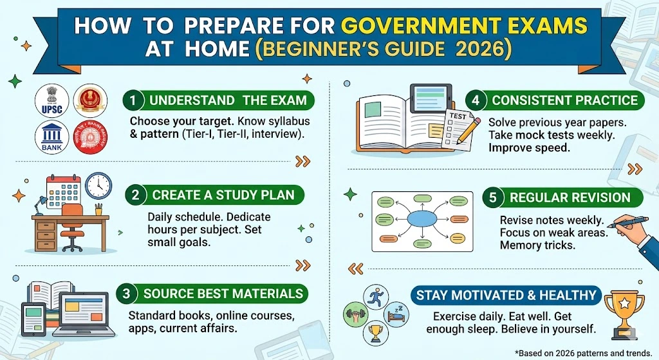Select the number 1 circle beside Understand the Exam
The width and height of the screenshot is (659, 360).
(133, 100)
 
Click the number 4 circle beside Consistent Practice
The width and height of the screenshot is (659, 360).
(476, 100)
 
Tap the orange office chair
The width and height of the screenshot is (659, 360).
(72, 222)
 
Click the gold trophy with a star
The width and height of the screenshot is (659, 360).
(624, 312)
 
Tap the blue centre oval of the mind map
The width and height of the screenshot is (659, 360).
(422, 219)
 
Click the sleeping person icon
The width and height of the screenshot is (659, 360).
(394, 314)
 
